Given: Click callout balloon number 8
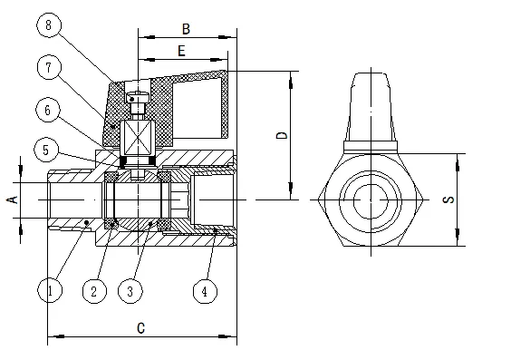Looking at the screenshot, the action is point(49,25).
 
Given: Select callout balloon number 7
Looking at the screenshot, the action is point(49,68).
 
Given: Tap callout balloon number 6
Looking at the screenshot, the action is point(48,110).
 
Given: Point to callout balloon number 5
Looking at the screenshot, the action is point(46,150).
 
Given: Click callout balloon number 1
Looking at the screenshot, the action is point(50,290).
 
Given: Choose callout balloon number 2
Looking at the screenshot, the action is point(94,291).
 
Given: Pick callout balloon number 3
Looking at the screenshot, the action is point(130,291).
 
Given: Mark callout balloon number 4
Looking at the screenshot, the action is point(205,291).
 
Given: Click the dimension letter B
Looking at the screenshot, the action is point(186,29).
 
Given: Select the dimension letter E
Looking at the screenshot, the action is point(181,51).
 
